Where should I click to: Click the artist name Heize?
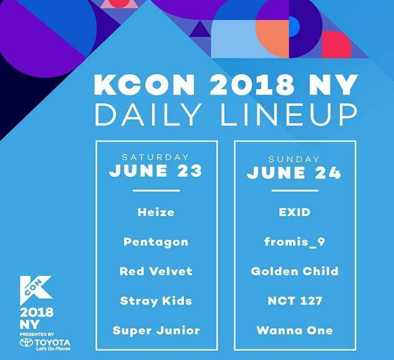point(156,212)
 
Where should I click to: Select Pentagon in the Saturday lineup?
point(156,242)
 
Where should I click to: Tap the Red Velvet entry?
point(156,271)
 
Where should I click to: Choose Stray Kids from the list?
point(156,301)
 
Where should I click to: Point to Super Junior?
point(156,330)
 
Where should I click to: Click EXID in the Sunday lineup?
point(295,212)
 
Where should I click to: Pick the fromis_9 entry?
point(295,242)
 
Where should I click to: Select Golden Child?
point(295,271)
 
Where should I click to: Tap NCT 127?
point(295,301)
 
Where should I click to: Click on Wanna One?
point(295,330)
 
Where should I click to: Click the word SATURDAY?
point(155,158)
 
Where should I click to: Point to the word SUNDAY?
point(294,159)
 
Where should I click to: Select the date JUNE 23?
point(155,171)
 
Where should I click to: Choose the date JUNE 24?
point(294,173)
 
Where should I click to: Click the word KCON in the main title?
point(145,85)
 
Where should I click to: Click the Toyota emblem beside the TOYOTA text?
point(26,343)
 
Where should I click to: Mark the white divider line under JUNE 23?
point(156,191)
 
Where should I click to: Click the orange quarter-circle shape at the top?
point(272,39)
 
